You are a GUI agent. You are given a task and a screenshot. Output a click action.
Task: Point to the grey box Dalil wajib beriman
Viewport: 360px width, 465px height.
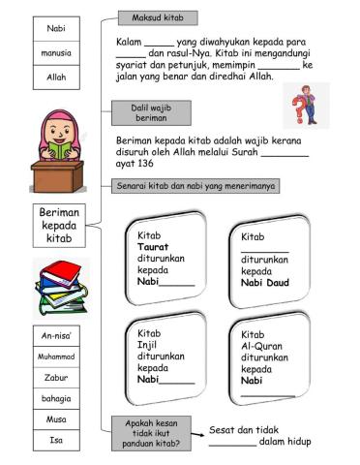pos(149,114)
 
